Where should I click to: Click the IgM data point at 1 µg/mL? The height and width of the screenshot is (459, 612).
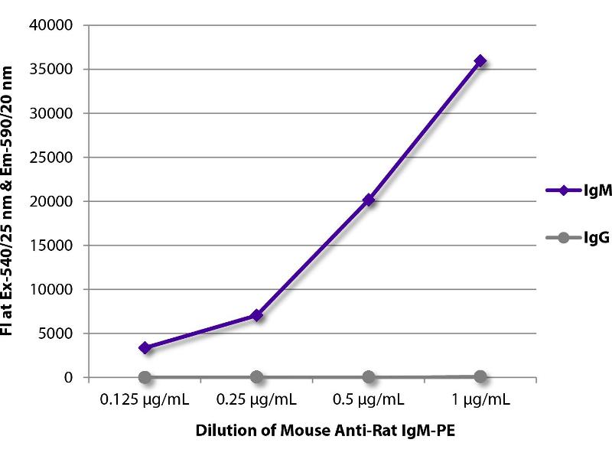[x=480, y=60]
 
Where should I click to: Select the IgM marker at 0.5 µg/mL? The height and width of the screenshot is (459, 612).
[x=369, y=200]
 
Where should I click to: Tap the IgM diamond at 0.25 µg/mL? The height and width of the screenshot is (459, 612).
[x=257, y=314]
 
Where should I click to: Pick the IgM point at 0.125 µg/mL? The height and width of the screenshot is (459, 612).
[x=145, y=347]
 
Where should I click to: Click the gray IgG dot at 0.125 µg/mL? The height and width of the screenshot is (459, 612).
[x=145, y=377]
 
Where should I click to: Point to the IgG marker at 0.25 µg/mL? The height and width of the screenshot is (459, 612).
[x=257, y=377]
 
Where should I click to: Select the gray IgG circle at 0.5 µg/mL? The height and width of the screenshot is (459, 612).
[x=369, y=377]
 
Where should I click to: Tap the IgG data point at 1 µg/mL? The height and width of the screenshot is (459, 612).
[x=480, y=376]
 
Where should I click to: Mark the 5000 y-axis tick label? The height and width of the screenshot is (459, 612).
[x=57, y=334]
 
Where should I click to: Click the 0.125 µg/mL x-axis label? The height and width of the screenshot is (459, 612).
[x=145, y=399]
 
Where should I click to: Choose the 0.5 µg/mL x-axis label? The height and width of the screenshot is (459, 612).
[x=369, y=399]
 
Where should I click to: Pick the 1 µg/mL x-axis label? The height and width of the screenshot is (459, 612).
[x=480, y=399]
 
